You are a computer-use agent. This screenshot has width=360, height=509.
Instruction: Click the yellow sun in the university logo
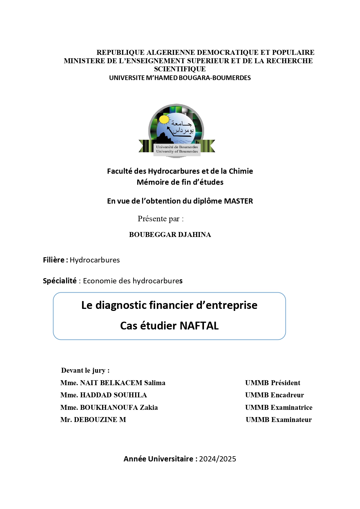[x=164, y=119]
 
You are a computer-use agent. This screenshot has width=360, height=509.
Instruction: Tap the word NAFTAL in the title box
[x=199, y=326]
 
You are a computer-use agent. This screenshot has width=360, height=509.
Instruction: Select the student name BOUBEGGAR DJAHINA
[x=170, y=235]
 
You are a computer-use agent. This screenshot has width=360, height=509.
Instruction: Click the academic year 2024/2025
[x=218, y=459]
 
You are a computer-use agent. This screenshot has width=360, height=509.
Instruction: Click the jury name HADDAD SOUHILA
[x=113, y=395]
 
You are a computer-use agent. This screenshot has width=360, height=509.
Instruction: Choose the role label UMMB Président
[x=273, y=383]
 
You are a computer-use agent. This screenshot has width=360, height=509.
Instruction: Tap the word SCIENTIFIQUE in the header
[x=180, y=69]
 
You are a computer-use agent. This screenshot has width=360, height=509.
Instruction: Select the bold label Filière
[x=55, y=260]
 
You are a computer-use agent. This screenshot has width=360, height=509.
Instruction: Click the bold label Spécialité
[x=60, y=281]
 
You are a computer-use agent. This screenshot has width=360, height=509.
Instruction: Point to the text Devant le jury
[x=85, y=370]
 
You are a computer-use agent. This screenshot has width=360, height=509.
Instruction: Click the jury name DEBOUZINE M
[x=100, y=420]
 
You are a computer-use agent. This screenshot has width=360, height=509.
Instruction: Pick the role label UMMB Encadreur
[x=274, y=395]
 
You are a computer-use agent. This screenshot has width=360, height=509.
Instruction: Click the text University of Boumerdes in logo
[x=177, y=151]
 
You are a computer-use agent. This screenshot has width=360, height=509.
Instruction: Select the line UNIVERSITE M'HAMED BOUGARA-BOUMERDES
[x=180, y=78]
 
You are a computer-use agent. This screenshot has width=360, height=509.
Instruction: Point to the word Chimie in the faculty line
[x=241, y=171]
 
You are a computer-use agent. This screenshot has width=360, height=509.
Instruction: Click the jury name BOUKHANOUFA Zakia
[x=119, y=407]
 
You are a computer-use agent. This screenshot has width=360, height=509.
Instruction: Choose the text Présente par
[x=160, y=219]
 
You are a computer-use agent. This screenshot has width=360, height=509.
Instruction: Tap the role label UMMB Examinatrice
[x=279, y=407]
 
